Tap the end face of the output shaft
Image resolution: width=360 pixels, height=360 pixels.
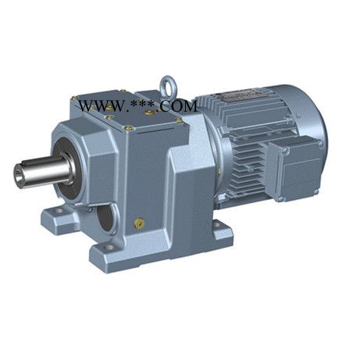click(20, 173)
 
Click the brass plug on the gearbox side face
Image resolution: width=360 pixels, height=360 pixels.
click(139, 223)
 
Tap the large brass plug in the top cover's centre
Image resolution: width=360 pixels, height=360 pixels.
click(149, 112)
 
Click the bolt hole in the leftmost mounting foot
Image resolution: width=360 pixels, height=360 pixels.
click(59, 211)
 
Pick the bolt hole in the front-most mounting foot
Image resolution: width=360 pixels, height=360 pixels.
click(109, 247)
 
